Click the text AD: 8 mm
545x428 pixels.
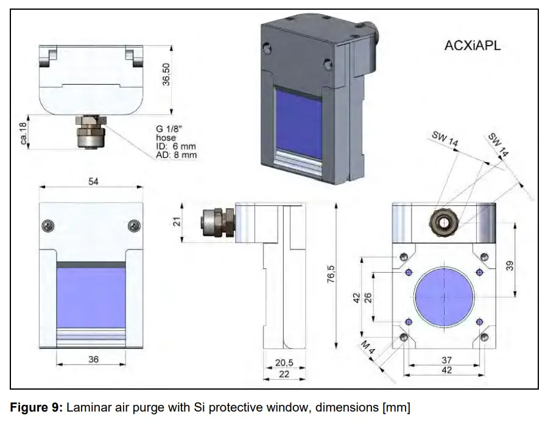click(176, 155)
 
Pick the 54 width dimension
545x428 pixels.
click(93, 182)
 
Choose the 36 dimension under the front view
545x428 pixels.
click(93, 359)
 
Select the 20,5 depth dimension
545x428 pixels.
click(284, 362)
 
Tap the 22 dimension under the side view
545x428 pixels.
click(284, 374)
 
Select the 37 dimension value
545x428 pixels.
click(446, 360)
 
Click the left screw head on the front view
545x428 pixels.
click(47, 226)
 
